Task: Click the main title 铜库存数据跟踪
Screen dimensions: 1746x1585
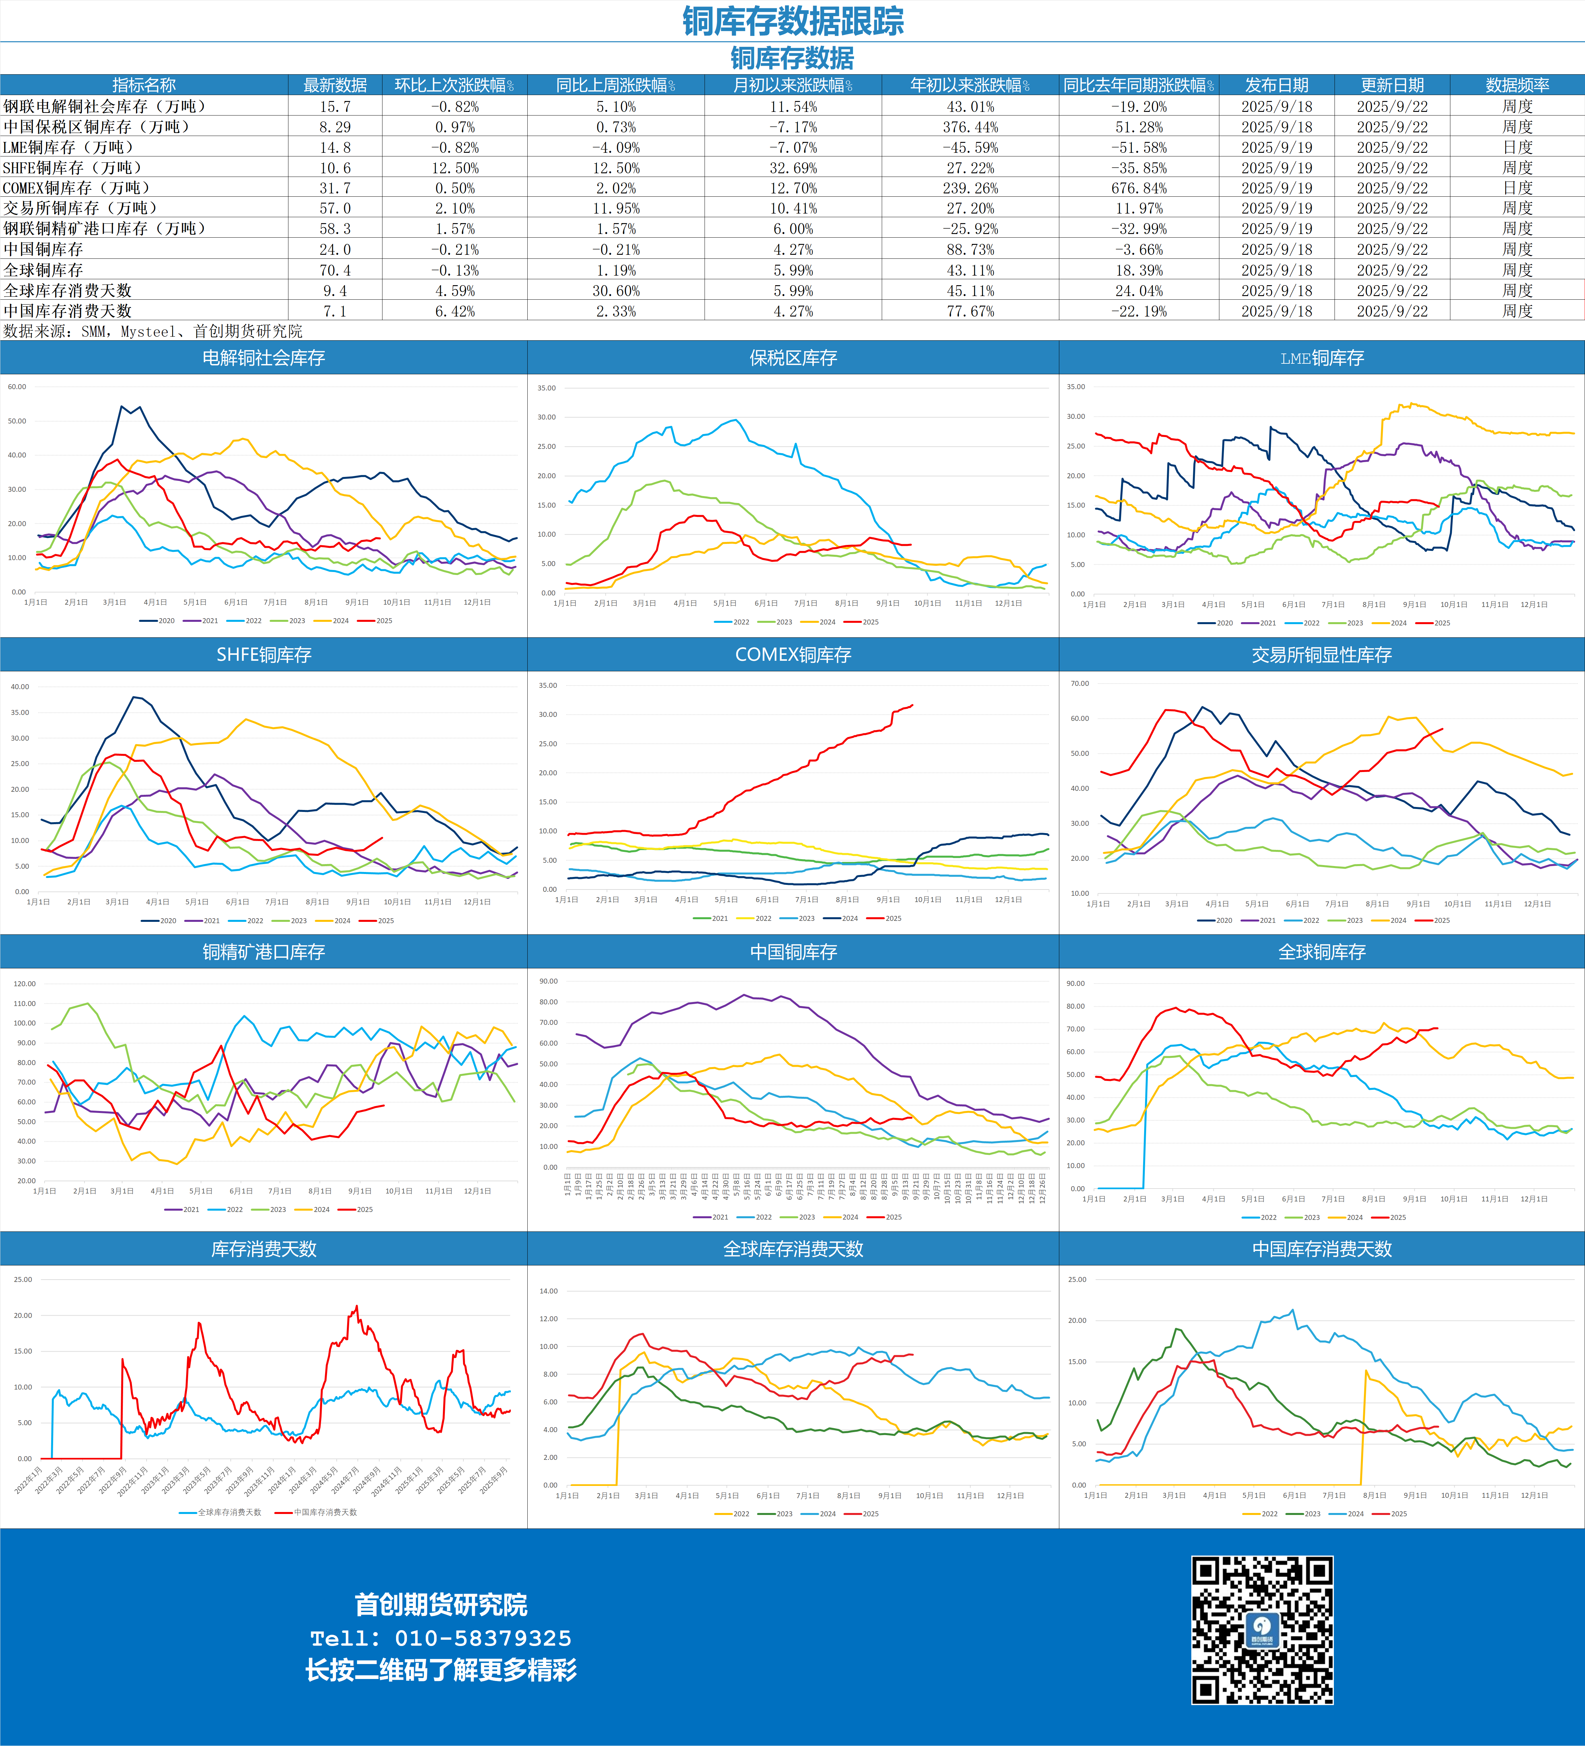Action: click(x=793, y=21)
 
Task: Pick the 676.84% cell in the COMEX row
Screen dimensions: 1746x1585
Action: click(x=1138, y=188)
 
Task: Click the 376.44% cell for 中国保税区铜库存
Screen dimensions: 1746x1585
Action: click(x=970, y=126)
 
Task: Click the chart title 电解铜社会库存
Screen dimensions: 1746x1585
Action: click(x=263, y=358)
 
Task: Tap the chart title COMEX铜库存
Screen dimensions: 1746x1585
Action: click(x=793, y=655)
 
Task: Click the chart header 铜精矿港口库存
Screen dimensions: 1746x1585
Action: click(x=263, y=952)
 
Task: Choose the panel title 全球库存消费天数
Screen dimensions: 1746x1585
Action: click(x=793, y=1249)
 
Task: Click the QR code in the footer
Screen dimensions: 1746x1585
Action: click(x=1262, y=1631)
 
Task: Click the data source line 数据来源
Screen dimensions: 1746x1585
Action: click(x=152, y=331)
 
